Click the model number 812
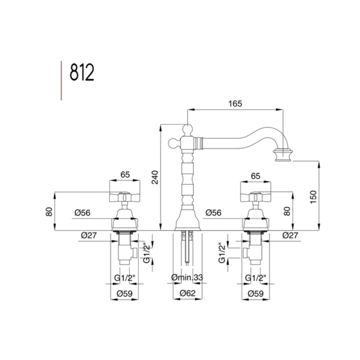tap(82, 73)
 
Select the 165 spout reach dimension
tap(235, 104)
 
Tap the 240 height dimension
tap(155, 177)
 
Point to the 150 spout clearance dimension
tap(313, 197)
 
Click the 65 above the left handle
tap(125, 175)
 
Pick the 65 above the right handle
tap(256, 176)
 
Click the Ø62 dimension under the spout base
tap(188, 293)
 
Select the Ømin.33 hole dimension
tap(187, 278)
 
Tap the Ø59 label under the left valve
tap(125, 293)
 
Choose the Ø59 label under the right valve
tap(256, 293)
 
